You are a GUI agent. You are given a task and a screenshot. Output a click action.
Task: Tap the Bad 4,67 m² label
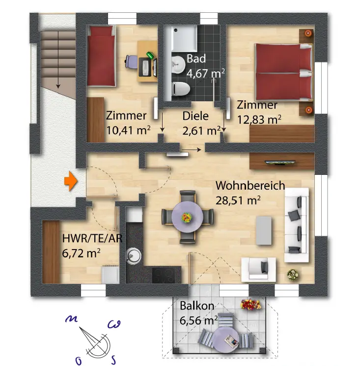point(205,66)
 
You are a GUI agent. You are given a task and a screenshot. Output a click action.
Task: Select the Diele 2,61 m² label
point(200,124)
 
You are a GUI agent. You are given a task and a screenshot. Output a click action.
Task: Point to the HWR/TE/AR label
point(92,245)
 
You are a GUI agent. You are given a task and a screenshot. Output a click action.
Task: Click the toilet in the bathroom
point(181,89)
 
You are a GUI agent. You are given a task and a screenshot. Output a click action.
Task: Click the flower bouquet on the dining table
point(187,216)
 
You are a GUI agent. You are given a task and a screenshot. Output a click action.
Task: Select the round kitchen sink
point(133,254)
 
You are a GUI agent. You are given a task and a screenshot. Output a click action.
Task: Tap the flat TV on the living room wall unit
point(280,162)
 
